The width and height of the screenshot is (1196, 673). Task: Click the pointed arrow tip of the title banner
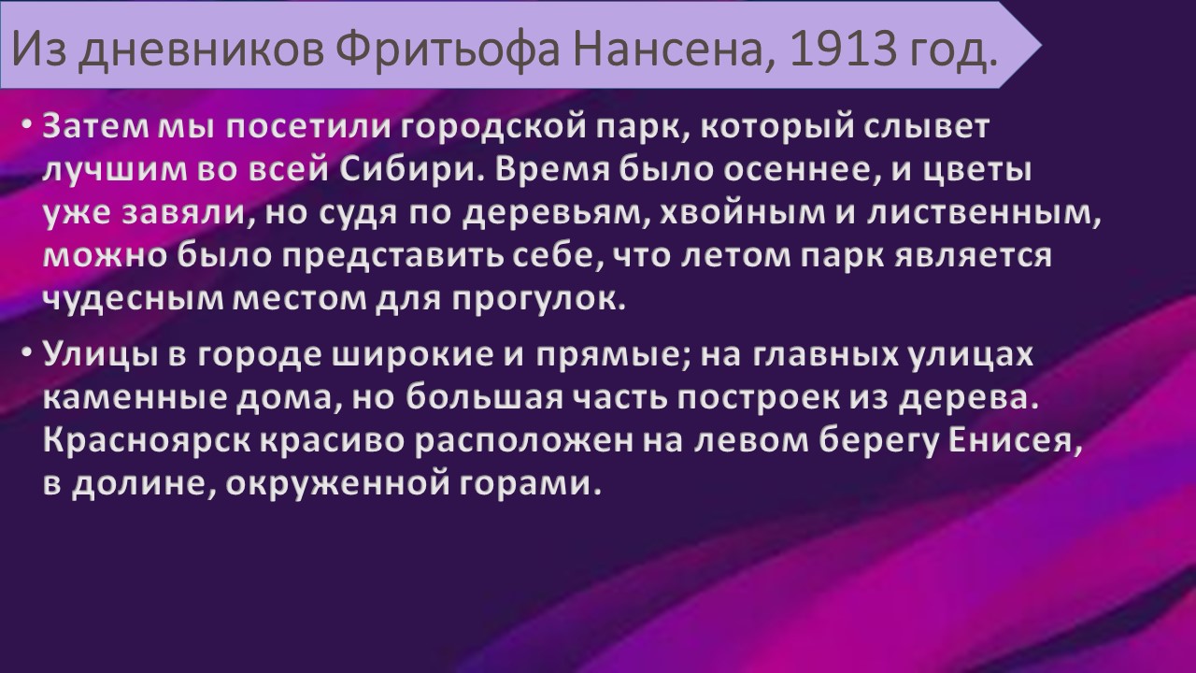coord(1041,45)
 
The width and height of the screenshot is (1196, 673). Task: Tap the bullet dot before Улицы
coord(27,354)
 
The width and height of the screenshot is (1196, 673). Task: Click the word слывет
coord(927,128)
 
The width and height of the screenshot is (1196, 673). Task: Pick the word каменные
coord(135,398)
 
